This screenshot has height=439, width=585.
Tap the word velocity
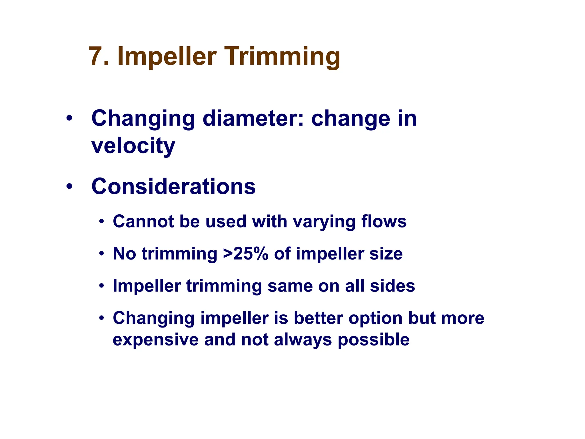(133, 146)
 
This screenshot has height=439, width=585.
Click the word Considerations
(173, 187)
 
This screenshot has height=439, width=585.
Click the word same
(290, 286)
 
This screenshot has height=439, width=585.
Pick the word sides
(392, 286)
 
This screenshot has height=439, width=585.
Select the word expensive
(155, 340)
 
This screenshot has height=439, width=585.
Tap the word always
(302, 340)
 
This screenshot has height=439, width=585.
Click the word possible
(374, 340)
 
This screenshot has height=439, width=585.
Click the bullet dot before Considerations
(69, 187)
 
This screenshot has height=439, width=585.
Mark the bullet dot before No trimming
(102, 254)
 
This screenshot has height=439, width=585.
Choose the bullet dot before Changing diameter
(69, 118)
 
